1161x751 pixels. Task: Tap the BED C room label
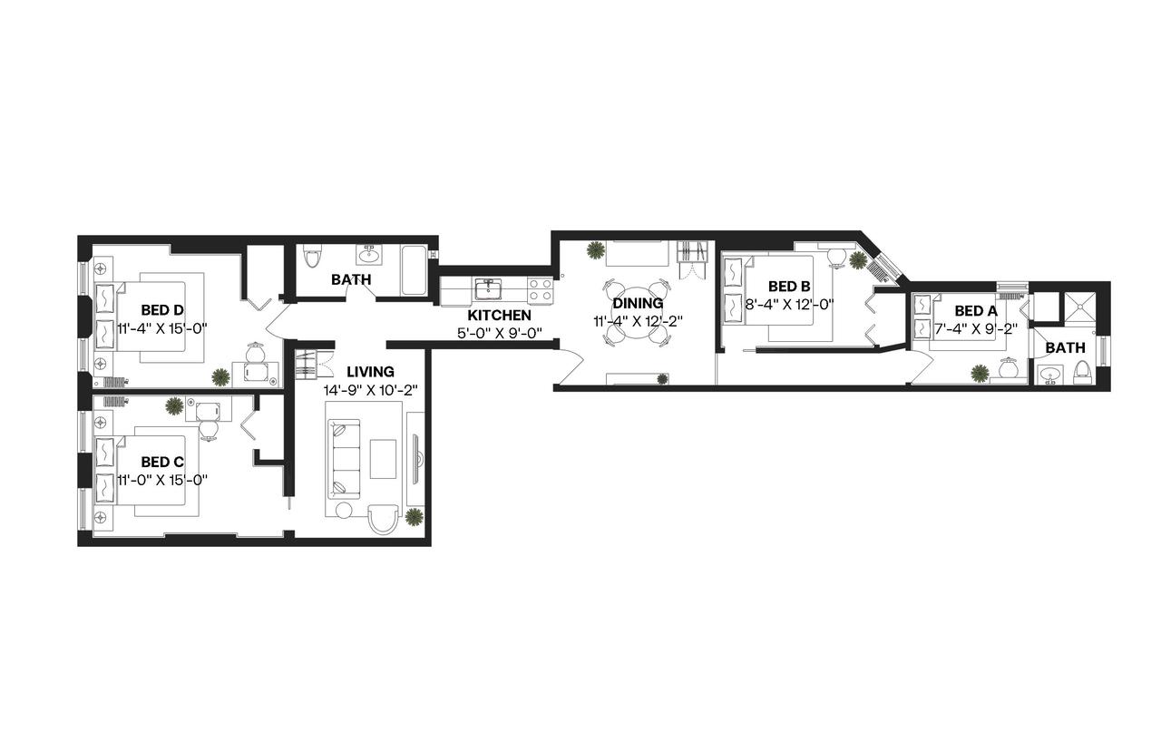(x=162, y=462)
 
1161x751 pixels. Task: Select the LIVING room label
(x=370, y=371)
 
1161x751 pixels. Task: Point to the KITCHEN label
(x=499, y=315)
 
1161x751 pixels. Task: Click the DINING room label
(x=638, y=303)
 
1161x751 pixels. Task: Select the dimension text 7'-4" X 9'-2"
(x=975, y=328)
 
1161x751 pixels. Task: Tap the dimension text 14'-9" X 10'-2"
(x=370, y=390)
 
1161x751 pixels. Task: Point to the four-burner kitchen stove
(x=541, y=289)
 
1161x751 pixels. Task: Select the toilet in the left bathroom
(x=313, y=258)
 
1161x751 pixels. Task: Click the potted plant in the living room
(x=414, y=517)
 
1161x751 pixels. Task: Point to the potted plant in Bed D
(x=220, y=376)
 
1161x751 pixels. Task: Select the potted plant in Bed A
(x=980, y=372)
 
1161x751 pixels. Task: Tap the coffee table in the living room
(x=383, y=459)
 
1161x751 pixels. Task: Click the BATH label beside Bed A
(x=1065, y=347)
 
